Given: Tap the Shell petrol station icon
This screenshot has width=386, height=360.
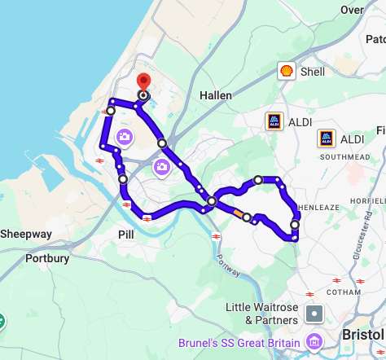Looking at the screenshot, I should tap(286, 72).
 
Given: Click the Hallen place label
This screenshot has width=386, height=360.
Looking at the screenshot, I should tap(216, 95).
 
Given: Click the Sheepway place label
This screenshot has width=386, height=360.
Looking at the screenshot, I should tap(25, 234).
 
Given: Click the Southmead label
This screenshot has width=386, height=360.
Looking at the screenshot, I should tap(339, 156).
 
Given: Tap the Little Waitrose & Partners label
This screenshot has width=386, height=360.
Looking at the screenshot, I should tap(263, 314).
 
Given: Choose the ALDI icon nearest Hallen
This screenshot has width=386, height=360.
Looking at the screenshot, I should tap(274, 121).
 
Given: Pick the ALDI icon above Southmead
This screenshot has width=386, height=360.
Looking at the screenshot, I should tap(327, 138).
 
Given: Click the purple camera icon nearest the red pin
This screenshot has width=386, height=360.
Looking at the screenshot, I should tap(124, 137).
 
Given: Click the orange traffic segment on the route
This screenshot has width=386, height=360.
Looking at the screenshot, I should tap(238, 213).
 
